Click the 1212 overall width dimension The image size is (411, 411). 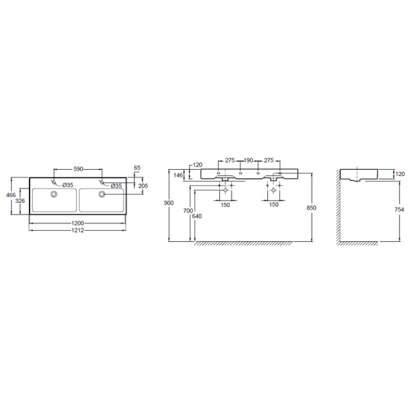click(77, 230)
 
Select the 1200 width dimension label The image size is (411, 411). click(77, 223)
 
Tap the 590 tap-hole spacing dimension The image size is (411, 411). click(78, 169)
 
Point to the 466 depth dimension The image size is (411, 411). click(11, 195)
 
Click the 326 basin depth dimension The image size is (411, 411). click(20, 201)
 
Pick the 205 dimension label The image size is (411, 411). click(143, 186)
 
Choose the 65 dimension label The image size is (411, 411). click(137, 168)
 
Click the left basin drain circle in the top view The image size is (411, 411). click(54, 195)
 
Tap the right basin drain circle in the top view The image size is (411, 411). click(101, 195)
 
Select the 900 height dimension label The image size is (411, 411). click(169, 203)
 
